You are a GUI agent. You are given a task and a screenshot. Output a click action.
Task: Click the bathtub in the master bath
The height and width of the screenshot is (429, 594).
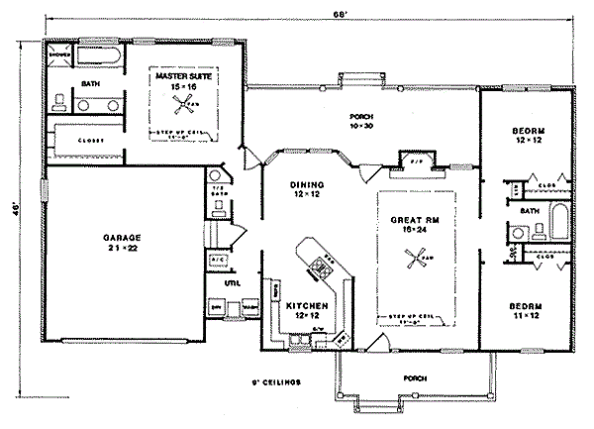click(97, 54)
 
